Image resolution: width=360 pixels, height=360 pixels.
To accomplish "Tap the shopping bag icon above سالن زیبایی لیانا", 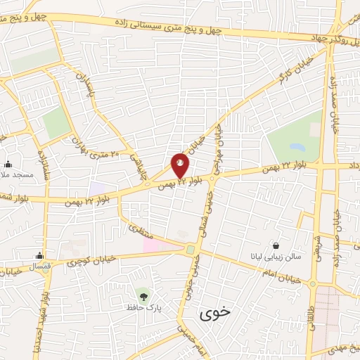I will click(276, 246).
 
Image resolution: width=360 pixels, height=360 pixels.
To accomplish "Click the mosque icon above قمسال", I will click(39, 256).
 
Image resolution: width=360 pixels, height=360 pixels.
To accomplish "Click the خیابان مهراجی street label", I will click(219, 147).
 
